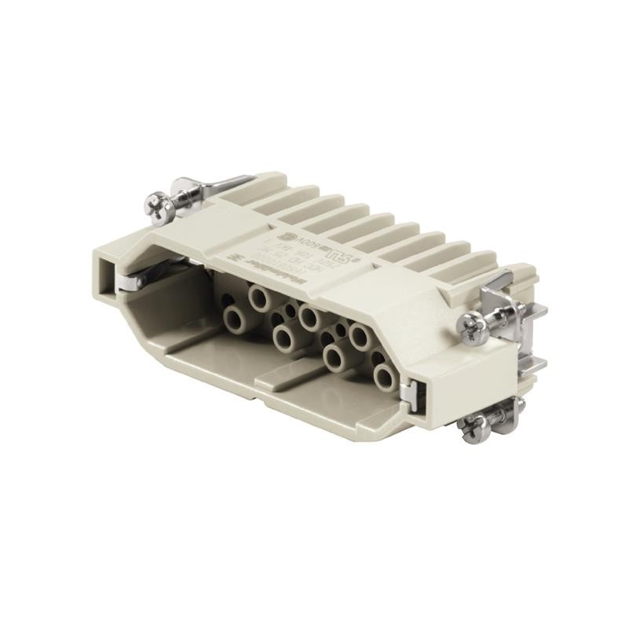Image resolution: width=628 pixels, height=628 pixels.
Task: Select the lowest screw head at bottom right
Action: [473, 429]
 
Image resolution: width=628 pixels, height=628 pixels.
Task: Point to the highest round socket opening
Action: [259, 296]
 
